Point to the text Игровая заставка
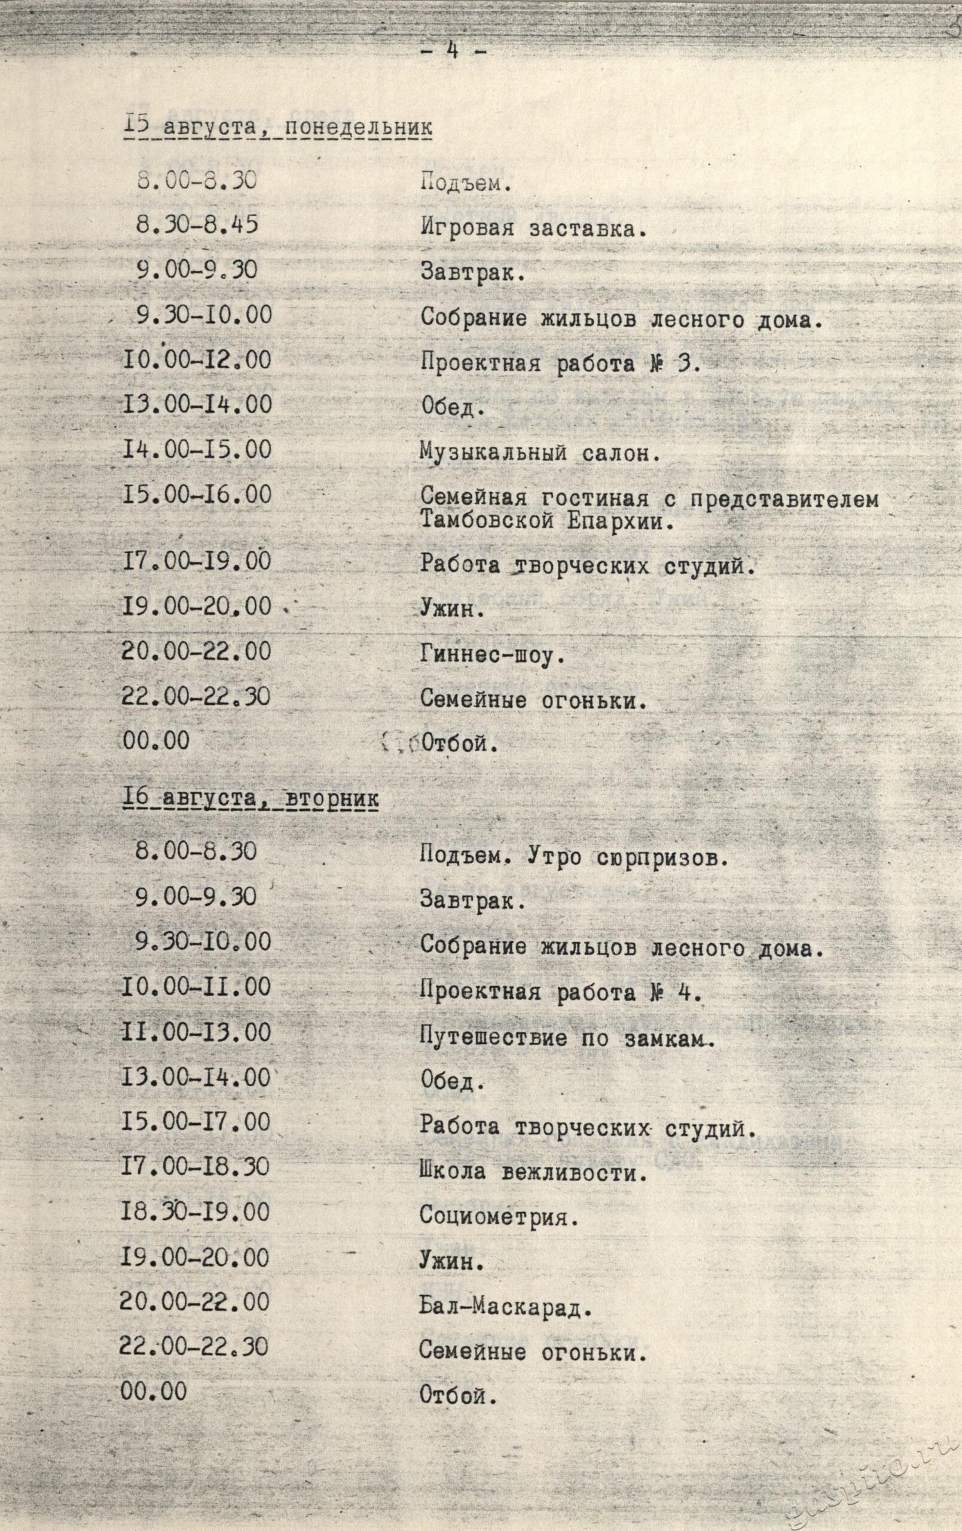pos(533,229)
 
